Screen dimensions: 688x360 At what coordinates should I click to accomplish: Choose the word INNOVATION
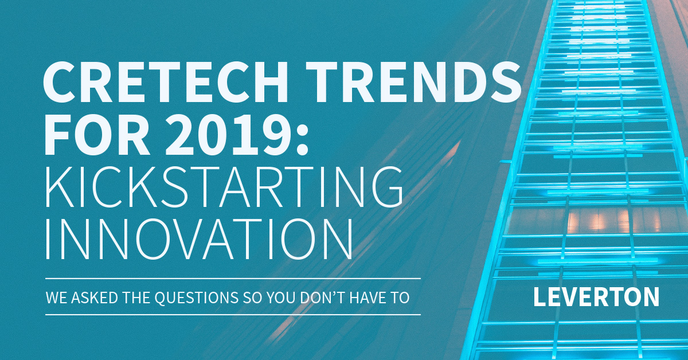point(199,239)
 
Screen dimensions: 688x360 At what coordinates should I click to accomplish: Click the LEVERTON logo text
point(596,297)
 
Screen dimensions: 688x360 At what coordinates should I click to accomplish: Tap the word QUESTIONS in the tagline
point(196,298)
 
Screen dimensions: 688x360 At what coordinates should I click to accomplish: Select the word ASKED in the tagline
point(95,298)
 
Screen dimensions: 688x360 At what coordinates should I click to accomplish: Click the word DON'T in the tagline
point(322,298)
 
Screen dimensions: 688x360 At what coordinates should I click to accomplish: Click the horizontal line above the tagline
point(233,279)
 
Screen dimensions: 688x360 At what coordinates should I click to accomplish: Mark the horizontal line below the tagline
point(233,315)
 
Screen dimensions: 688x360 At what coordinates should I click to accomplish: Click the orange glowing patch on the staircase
point(611,222)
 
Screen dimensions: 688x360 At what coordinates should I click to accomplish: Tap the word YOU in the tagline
point(282,298)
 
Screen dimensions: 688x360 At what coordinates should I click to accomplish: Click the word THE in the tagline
point(136,298)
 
